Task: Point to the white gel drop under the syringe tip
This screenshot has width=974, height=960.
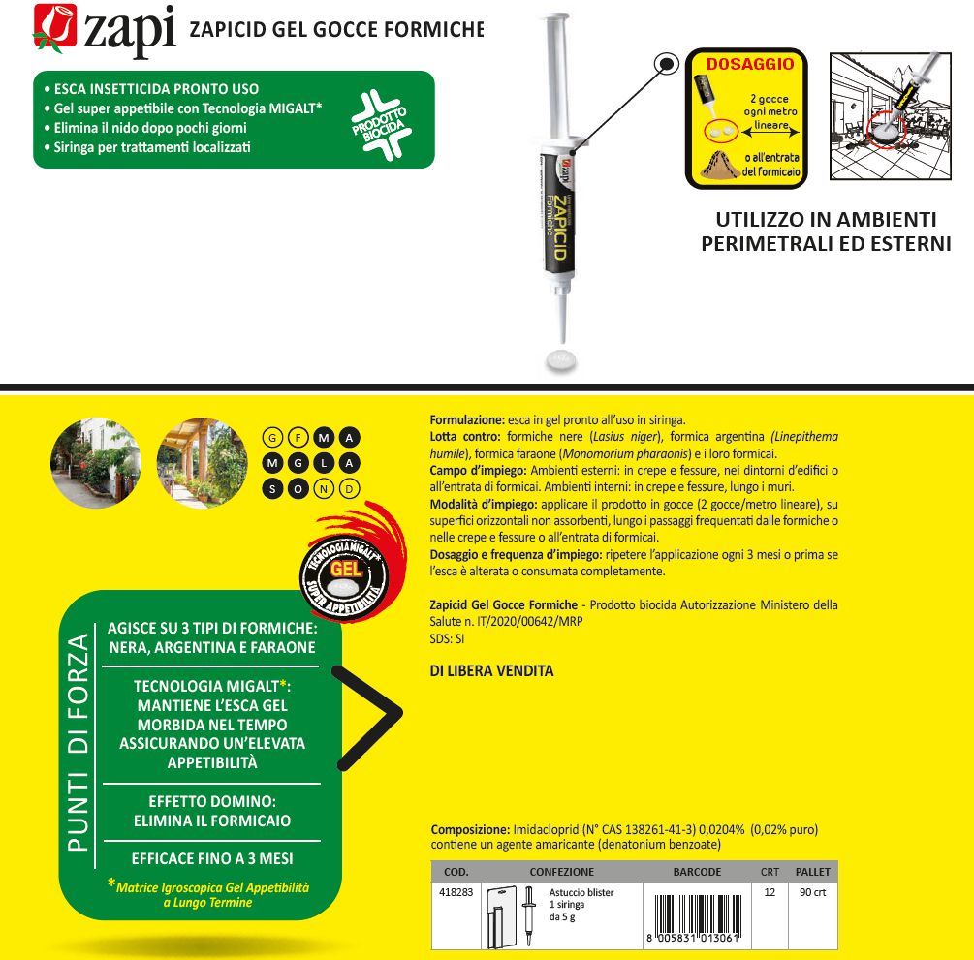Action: click(562, 358)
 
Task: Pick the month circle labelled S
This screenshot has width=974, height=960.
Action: click(273, 488)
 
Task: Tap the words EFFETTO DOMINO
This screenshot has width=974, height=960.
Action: click(213, 802)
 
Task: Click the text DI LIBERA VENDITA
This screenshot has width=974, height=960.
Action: click(491, 670)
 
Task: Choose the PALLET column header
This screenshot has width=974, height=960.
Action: click(812, 872)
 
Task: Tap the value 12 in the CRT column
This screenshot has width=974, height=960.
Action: click(770, 892)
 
